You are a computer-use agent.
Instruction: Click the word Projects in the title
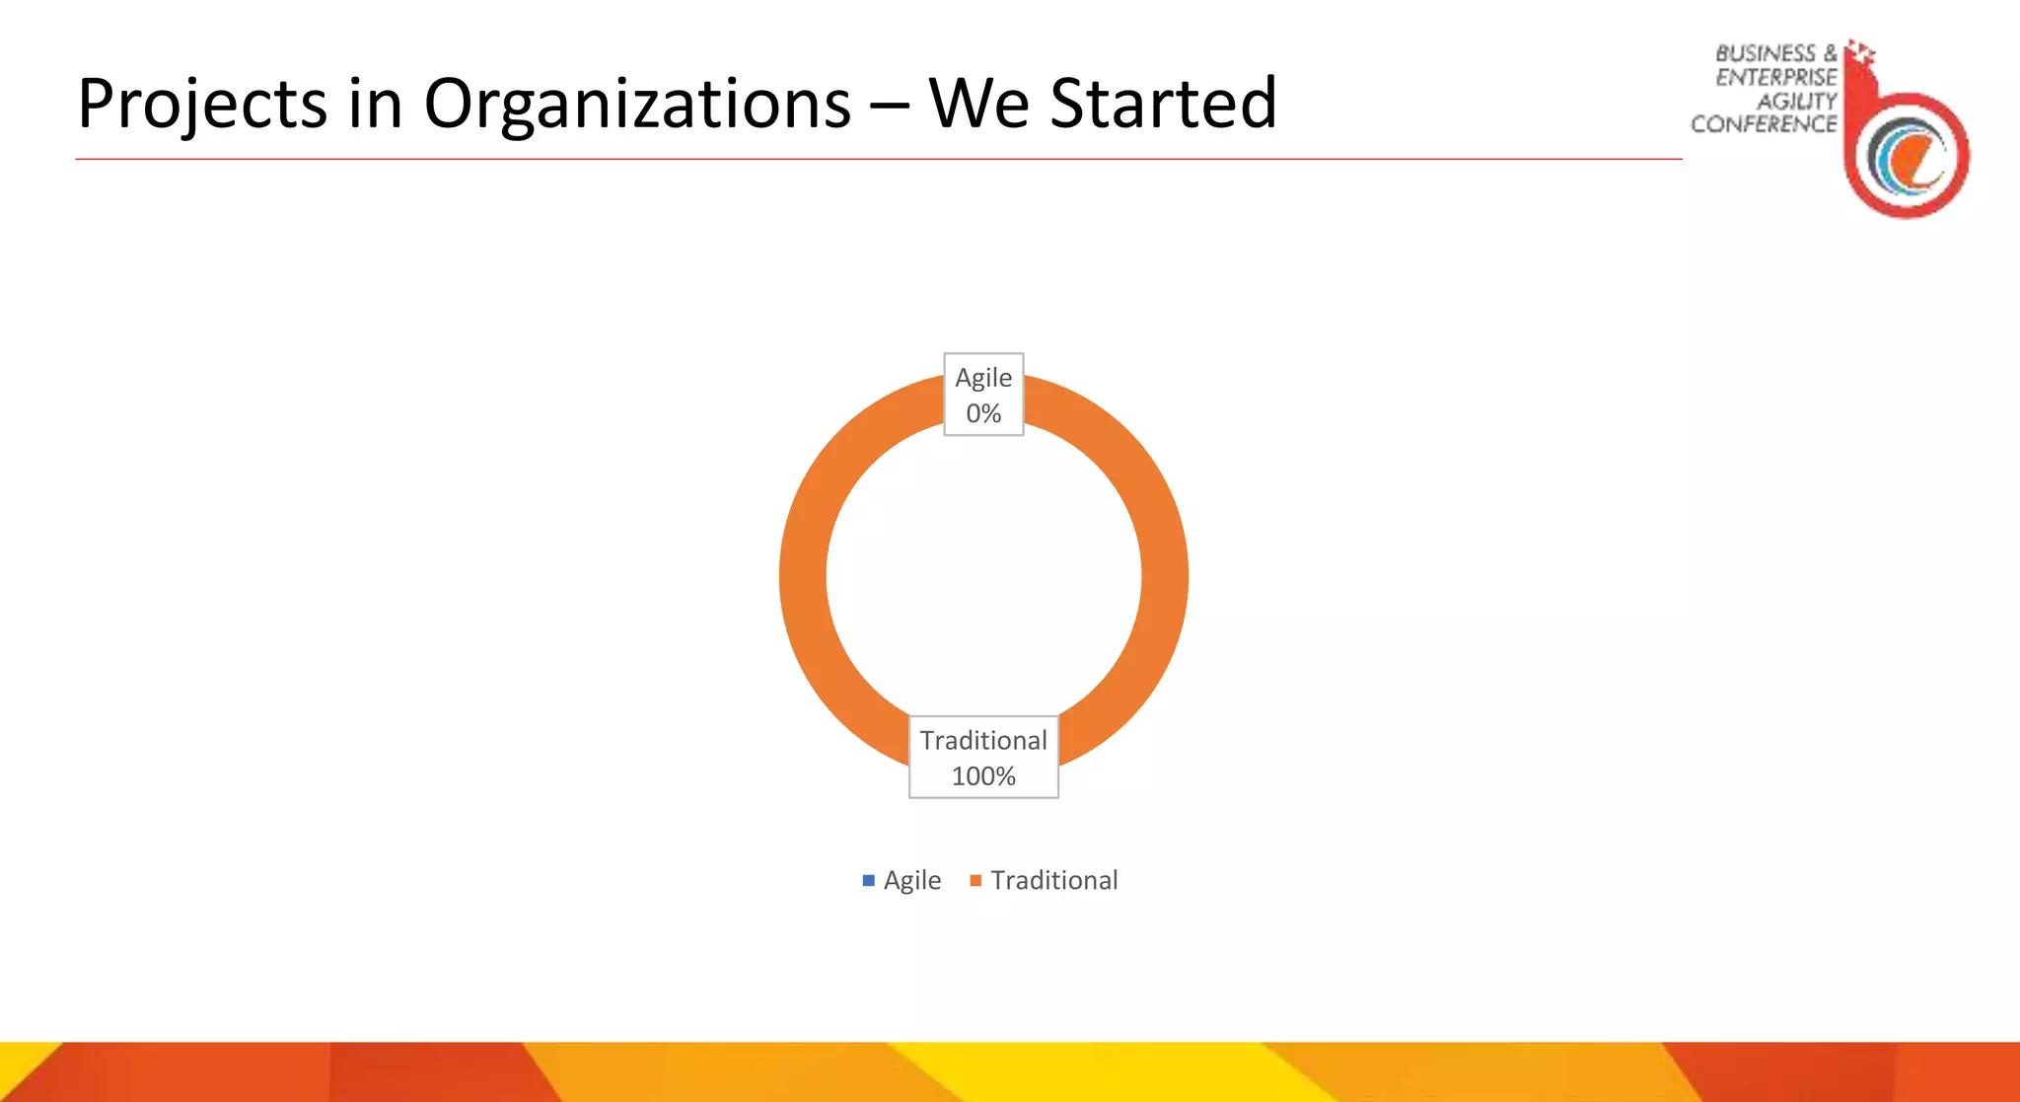coord(202,105)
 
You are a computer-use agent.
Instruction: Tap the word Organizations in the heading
coord(637,105)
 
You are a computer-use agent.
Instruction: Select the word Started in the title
coord(1163,105)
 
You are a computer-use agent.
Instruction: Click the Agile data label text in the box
coord(983,379)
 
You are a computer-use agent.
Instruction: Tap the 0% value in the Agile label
coord(983,413)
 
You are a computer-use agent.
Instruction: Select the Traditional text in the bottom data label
coord(983,741)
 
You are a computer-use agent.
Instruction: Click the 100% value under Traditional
coord(983,776)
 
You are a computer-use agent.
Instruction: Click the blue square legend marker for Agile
coord(869,880)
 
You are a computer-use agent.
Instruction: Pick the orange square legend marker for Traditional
coord(975,880)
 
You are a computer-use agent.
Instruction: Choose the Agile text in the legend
coord(912,881)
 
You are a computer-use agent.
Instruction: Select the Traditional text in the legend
coord(1054,880)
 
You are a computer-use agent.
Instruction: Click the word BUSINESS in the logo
coord(1766,54)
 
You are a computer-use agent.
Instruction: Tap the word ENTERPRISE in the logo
coord(1775,78)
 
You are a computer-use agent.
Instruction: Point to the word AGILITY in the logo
coord(1796,102)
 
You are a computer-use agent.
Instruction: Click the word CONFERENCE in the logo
coord(1764,125)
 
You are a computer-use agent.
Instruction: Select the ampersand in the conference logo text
coord(1830,53)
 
